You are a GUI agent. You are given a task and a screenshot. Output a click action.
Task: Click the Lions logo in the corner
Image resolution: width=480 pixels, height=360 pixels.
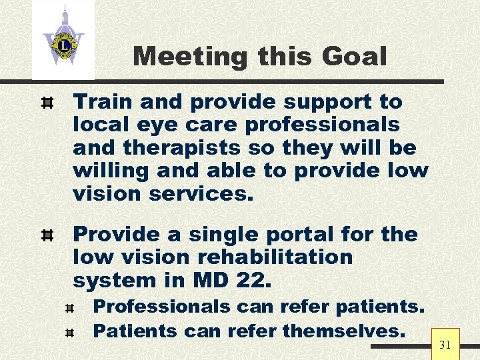coord(63,40)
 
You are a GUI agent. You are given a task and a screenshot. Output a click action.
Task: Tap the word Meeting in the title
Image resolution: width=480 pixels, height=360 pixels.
coord(189,57)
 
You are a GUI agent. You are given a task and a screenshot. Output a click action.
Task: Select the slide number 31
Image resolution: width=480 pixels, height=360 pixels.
coord(445,345)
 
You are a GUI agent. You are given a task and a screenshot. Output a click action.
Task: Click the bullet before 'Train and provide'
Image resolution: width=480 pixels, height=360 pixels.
coord(47,103)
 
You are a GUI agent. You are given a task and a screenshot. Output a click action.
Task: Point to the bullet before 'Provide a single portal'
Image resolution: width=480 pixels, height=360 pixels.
coord(47,235)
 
